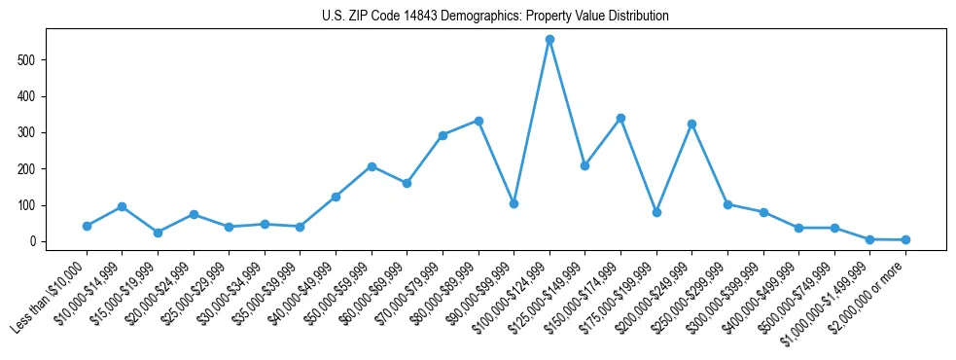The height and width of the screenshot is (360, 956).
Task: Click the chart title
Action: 495,16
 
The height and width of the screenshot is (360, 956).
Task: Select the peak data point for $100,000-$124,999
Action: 549,40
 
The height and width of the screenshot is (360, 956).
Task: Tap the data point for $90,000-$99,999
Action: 513,203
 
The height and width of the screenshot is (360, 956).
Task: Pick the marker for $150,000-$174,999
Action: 620,118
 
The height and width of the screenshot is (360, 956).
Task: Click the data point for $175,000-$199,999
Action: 656,212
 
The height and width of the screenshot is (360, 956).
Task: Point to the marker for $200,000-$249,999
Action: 691,124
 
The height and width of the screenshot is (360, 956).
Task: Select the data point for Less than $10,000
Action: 87,226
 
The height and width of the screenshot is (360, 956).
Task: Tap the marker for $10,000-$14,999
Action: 122,206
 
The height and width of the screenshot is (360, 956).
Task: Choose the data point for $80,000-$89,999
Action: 478,121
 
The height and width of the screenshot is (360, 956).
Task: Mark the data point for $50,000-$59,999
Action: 372,166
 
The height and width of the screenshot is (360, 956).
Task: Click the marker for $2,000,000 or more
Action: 905,239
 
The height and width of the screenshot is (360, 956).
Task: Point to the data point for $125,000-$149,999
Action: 584,165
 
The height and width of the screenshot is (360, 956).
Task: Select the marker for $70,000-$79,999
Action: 443,135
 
